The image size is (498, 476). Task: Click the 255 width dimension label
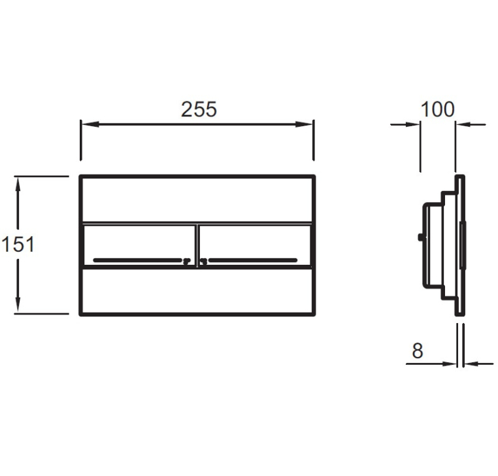tap(199, 109)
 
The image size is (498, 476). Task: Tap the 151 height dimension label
tap(18, 245)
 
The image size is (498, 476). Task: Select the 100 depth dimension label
tap(438, 109)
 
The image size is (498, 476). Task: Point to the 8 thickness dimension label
tap(418, 351)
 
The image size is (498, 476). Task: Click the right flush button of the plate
tap(254, 245)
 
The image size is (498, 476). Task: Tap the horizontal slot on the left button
tap(138, 260)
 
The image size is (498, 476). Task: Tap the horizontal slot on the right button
tap(253, 260)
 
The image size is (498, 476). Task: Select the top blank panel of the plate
tap(197, 199)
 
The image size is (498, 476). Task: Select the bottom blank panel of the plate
tap(197, 292)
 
